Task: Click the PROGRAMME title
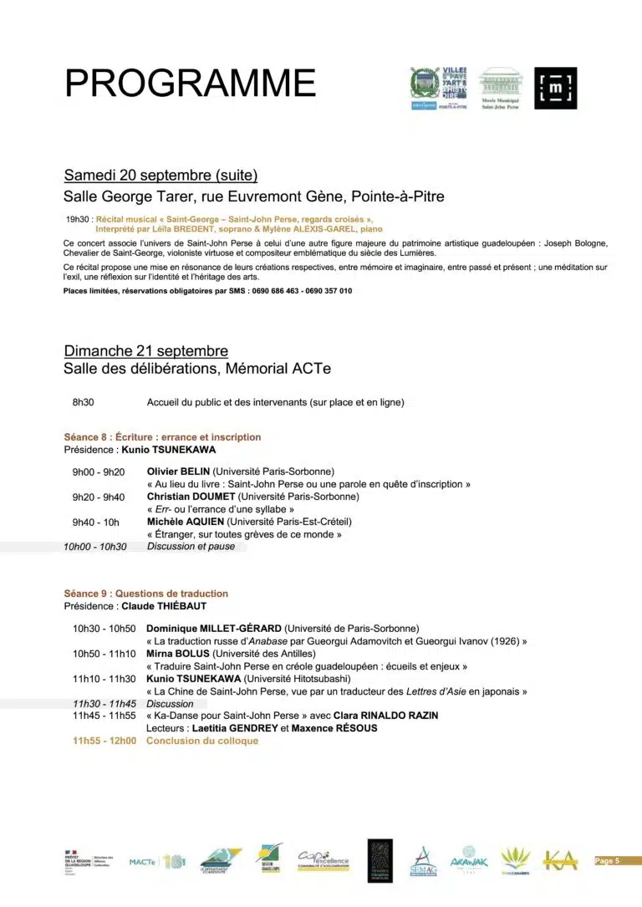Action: coord(191,84)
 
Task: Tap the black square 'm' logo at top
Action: coord(555,88)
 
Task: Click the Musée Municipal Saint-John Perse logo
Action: coord(501,89)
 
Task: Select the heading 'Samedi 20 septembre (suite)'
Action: coord(160,176)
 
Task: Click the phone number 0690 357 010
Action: coord(326,291)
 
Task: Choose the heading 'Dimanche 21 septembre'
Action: coord(145,351)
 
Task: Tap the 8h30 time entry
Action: coord(83,402)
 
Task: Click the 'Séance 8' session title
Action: coord(162,436)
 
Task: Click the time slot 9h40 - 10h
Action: coord(95,522)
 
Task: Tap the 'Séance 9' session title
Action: coord(145,594)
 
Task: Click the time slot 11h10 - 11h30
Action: coord(104,679)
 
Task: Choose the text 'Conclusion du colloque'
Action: coord(202,741)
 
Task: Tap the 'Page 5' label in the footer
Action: coord(607,860)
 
